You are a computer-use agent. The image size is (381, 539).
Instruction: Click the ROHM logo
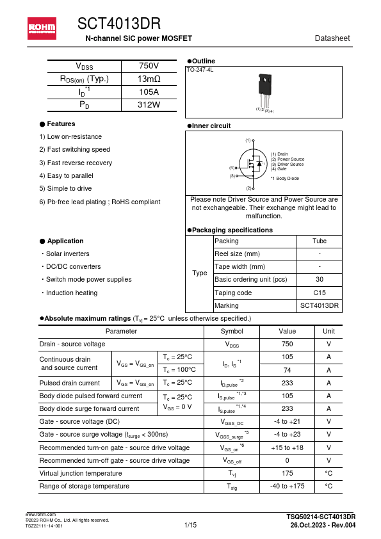[42, 28]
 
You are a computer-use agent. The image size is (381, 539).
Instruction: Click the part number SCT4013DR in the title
[119, 24]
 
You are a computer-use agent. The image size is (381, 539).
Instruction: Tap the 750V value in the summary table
[149, 67]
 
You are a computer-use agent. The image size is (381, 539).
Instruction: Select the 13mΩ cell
[149, 79]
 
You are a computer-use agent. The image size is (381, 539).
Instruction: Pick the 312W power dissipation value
[149, 104]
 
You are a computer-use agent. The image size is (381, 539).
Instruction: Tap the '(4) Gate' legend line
[279, 169]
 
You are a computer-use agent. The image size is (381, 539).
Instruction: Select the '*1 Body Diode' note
[285, 179]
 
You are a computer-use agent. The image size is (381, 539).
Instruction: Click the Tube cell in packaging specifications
[319, 241]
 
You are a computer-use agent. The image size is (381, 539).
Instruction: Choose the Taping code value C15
[319, 293]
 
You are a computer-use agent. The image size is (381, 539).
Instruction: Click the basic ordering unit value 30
[319, 280]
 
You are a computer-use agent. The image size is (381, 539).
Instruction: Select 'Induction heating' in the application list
[72, 293]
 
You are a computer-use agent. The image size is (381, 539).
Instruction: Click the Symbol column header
[231, 331]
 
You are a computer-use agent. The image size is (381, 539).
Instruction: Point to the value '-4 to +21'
[287, 422]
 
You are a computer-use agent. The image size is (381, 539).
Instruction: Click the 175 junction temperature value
[287, 474]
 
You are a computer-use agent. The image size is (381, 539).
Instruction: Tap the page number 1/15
[190, 525]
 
